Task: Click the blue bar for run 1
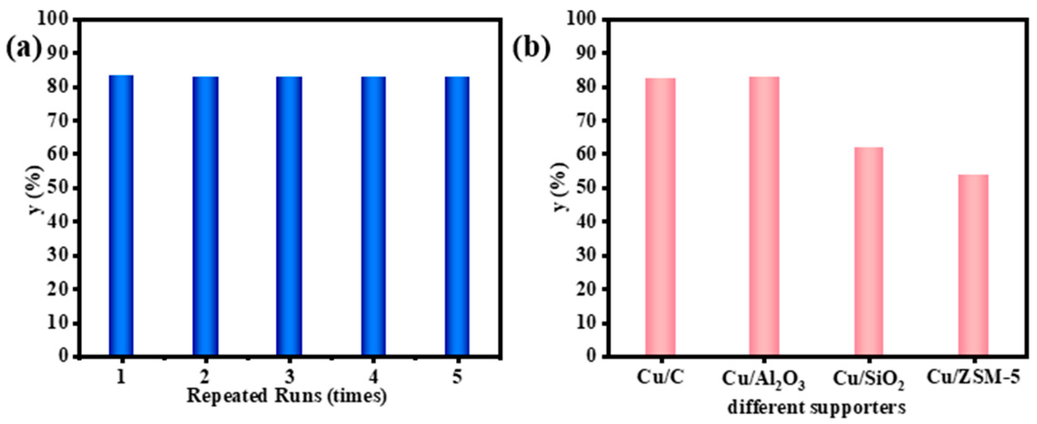click(x=121, y=216)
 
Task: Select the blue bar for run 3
click(x=289, y=217)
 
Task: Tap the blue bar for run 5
click(x=457, y=217)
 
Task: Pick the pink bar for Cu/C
click(x=660, y=217)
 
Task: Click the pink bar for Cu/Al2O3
click(x=764, y=217)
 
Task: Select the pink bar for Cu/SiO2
click(x=869, y=252)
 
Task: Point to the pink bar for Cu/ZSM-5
click(x=973, y=265)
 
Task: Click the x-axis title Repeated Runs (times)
click(x=287, y=396)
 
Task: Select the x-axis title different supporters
click(x=817, y=407)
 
